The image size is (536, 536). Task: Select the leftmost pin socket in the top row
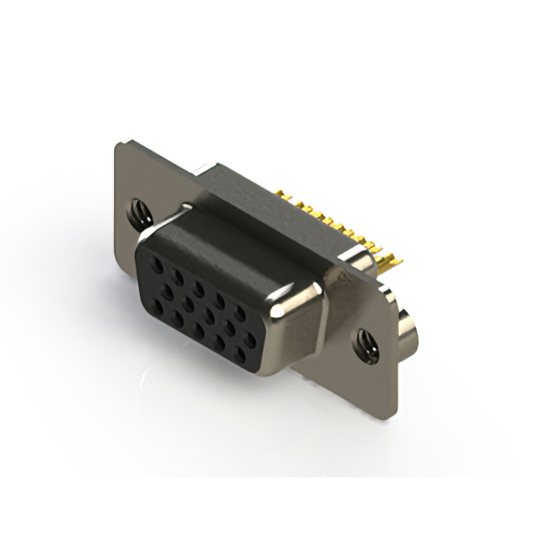pos(157,261)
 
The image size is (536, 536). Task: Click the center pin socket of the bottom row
pos(200,332)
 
